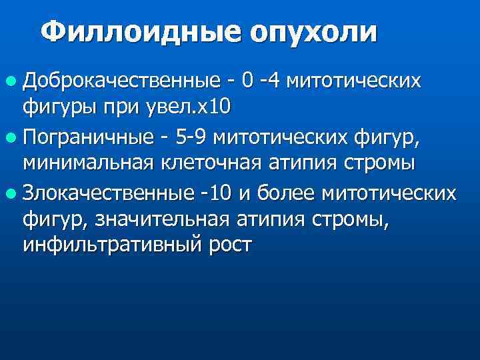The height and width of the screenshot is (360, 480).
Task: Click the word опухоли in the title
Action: (313, 32)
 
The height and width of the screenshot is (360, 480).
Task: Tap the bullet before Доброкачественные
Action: (11, 82)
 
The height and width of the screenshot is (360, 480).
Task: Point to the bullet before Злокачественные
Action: (11, 194)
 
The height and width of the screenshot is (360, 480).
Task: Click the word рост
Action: (229, 244)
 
